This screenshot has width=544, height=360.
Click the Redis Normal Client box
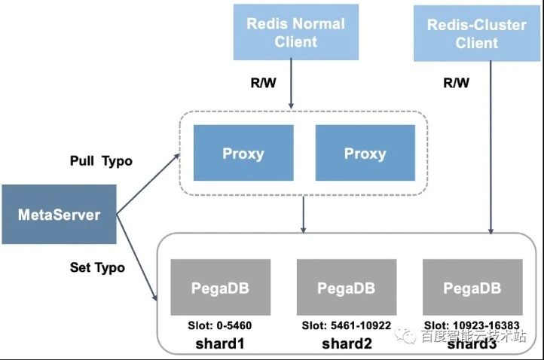click(x=296, y=32)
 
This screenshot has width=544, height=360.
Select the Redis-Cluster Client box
click(x=477, y=33)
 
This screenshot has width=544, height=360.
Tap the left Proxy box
click(x=243, y=153)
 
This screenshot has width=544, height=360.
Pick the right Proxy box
click(x=365, y=153)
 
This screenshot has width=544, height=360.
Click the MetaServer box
click(x=59, y=215)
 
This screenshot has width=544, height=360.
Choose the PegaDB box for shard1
click(x=220, y=287)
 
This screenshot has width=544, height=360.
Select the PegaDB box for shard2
click(x=347, y=287)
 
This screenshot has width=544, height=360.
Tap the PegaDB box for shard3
click(x=472, y=287)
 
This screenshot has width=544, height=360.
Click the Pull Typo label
click(x=101, y=161)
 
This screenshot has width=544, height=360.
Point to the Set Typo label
click(x=97, y=267)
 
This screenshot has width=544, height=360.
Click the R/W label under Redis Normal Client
click(x=263, y=83)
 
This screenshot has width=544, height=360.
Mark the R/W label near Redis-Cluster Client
click(x=457, y=83)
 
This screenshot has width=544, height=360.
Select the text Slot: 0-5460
click(x=219, y=325)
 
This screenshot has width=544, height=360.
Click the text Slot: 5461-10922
click(x=347, y=325)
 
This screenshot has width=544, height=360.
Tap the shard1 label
click(x=220, y=343)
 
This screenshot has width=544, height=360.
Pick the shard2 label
click(x=347, y=343)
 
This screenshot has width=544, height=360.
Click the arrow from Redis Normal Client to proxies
click(x=291, y=84)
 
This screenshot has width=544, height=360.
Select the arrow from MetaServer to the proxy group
click(x=148, y=184)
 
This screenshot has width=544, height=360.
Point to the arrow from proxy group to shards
click(x=303, y=215)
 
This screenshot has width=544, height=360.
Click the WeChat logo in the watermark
click(x=405, y=334)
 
